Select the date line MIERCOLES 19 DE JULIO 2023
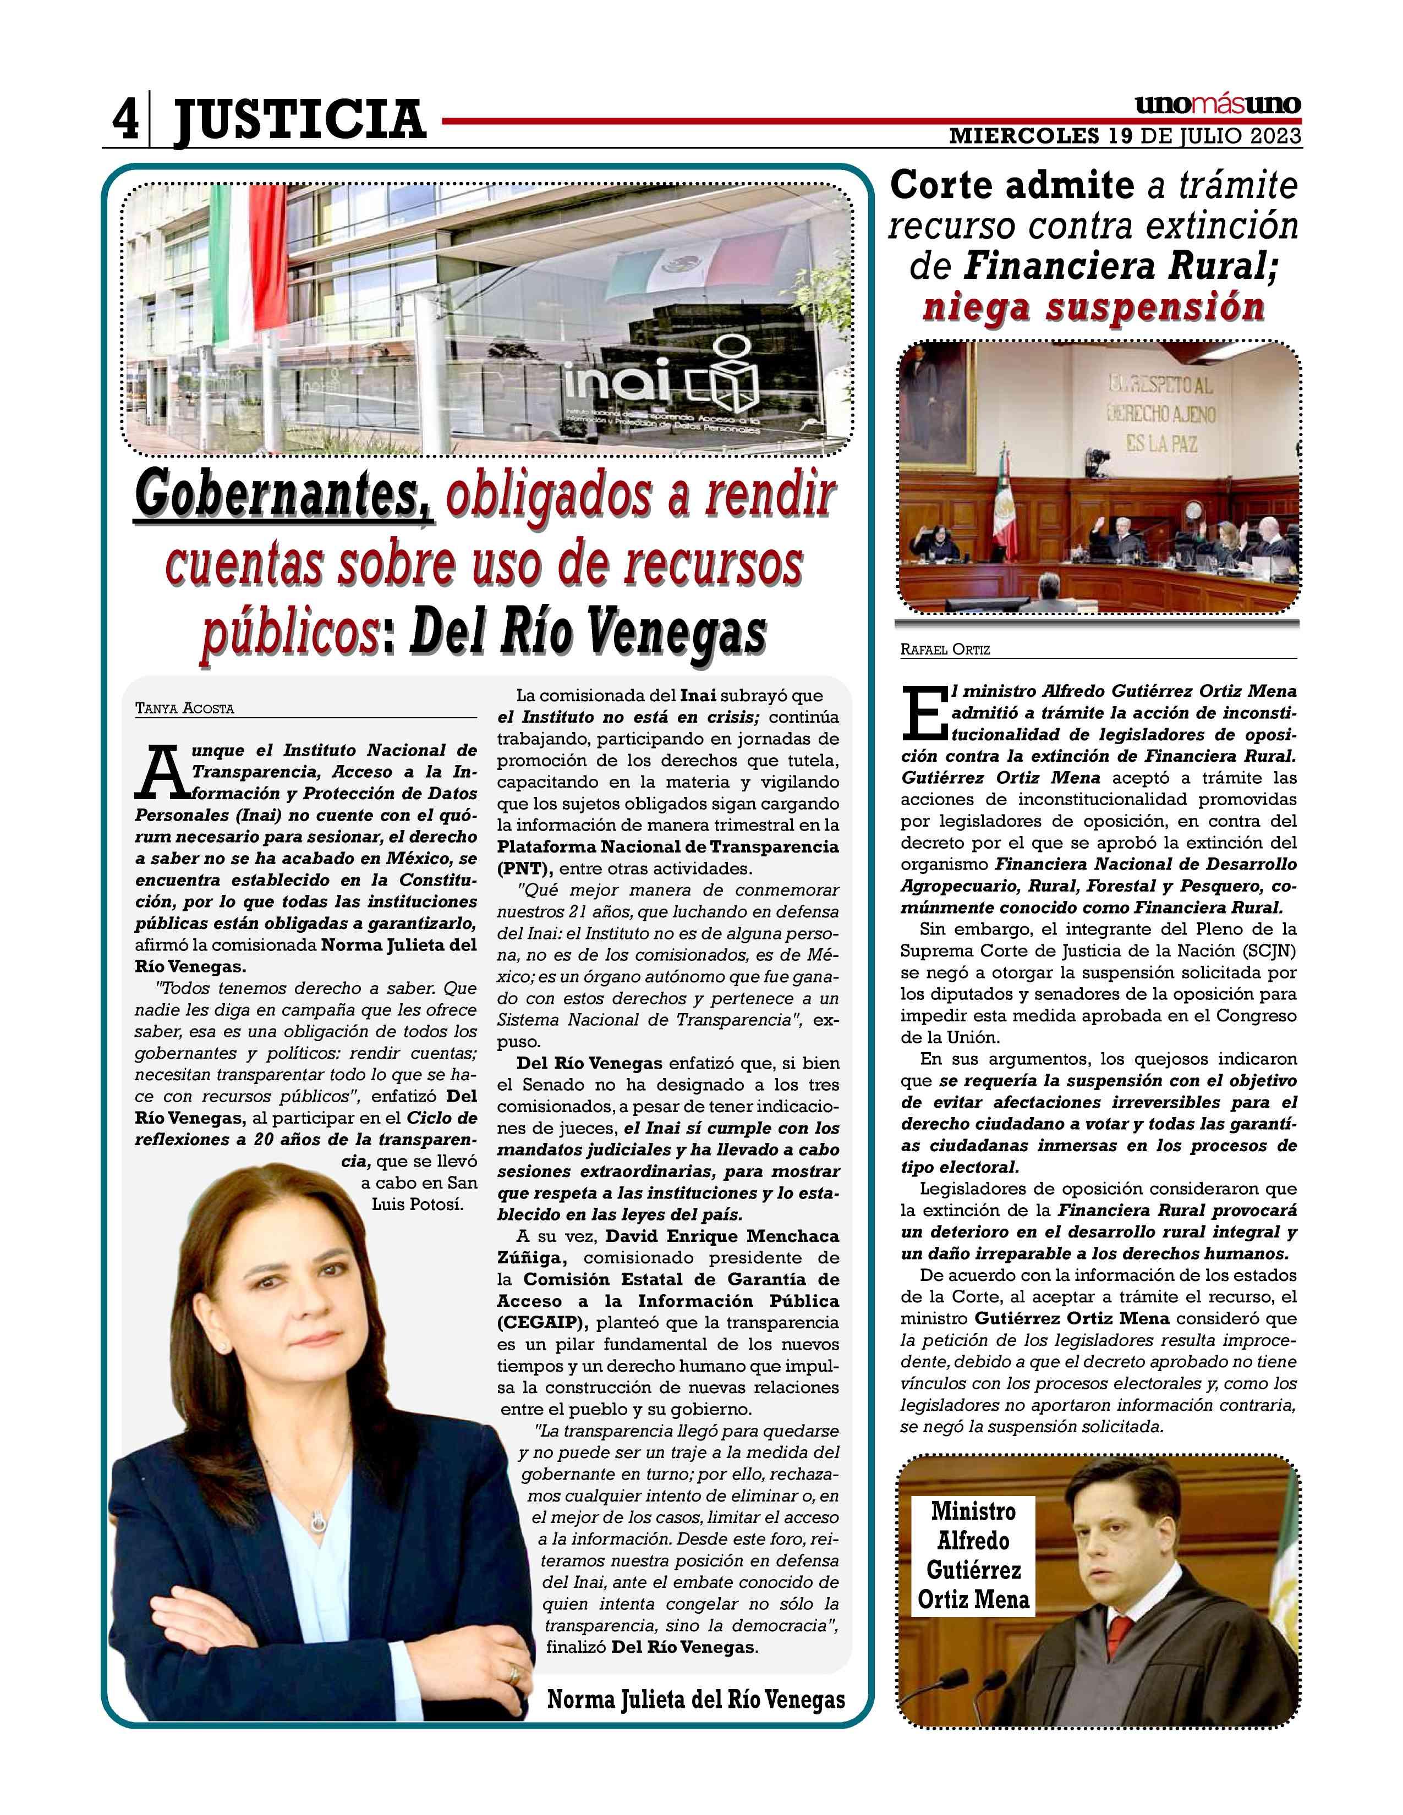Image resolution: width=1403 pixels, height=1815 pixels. pos(1125,137)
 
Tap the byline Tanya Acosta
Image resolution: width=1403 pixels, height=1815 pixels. pos(184,709)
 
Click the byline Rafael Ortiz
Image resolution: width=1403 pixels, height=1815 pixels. pos(945,650)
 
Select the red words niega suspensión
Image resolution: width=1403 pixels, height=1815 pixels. pos(1094,307)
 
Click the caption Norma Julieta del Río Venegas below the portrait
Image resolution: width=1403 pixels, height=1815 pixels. pos(695,1698)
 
